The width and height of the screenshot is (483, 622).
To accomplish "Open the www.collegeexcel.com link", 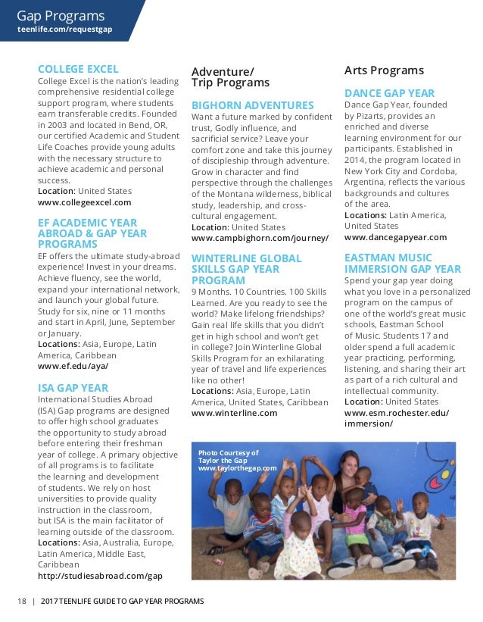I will (84, 202).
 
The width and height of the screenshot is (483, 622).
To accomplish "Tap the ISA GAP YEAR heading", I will (73, 387).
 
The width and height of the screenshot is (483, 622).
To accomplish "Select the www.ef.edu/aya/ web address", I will (73, 365).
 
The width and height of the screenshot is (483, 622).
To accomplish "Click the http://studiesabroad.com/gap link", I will (100, 576).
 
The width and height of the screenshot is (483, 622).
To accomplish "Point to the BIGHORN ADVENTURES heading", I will (252, 105).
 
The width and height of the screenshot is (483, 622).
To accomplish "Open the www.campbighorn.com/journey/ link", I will (260, 238).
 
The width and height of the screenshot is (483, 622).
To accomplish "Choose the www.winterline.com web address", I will (234, 413).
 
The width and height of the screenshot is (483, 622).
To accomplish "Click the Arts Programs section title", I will (384, 70).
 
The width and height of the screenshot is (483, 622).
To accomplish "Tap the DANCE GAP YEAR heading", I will (389, 93).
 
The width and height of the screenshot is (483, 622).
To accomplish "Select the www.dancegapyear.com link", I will (395, 237).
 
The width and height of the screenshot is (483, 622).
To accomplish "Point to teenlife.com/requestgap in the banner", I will (64, 30).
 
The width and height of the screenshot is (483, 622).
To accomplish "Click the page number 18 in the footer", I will (21, 601).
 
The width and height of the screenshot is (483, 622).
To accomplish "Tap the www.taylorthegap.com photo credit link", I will (237, 468).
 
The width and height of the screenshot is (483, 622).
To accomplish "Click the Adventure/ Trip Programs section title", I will (230, 77).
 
